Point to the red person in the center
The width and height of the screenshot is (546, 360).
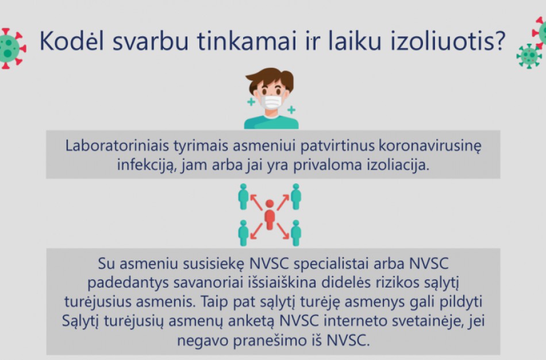tap(270, 215)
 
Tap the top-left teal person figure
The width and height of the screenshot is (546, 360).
tap(243, 196)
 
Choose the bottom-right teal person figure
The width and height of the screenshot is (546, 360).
tap(296, 233)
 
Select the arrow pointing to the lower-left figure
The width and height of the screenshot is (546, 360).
tap(256, 229)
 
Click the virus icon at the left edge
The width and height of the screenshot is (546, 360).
tap(10, 48)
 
